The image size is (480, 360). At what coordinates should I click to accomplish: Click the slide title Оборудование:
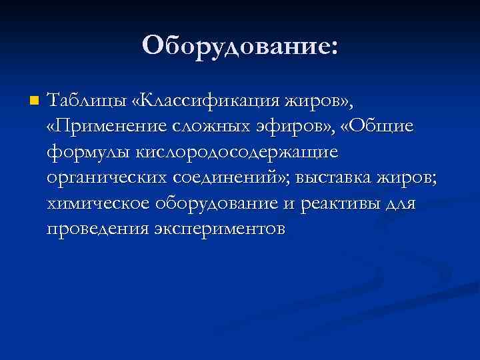pyautogui.click(x=240, y=46)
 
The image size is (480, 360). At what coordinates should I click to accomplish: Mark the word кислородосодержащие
pyautogui.click(x=237, y=153)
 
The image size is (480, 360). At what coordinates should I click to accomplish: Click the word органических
pyautogui.click(x=107, y=178)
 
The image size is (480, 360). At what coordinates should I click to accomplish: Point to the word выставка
pyautogui.click(x=335, y=178)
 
